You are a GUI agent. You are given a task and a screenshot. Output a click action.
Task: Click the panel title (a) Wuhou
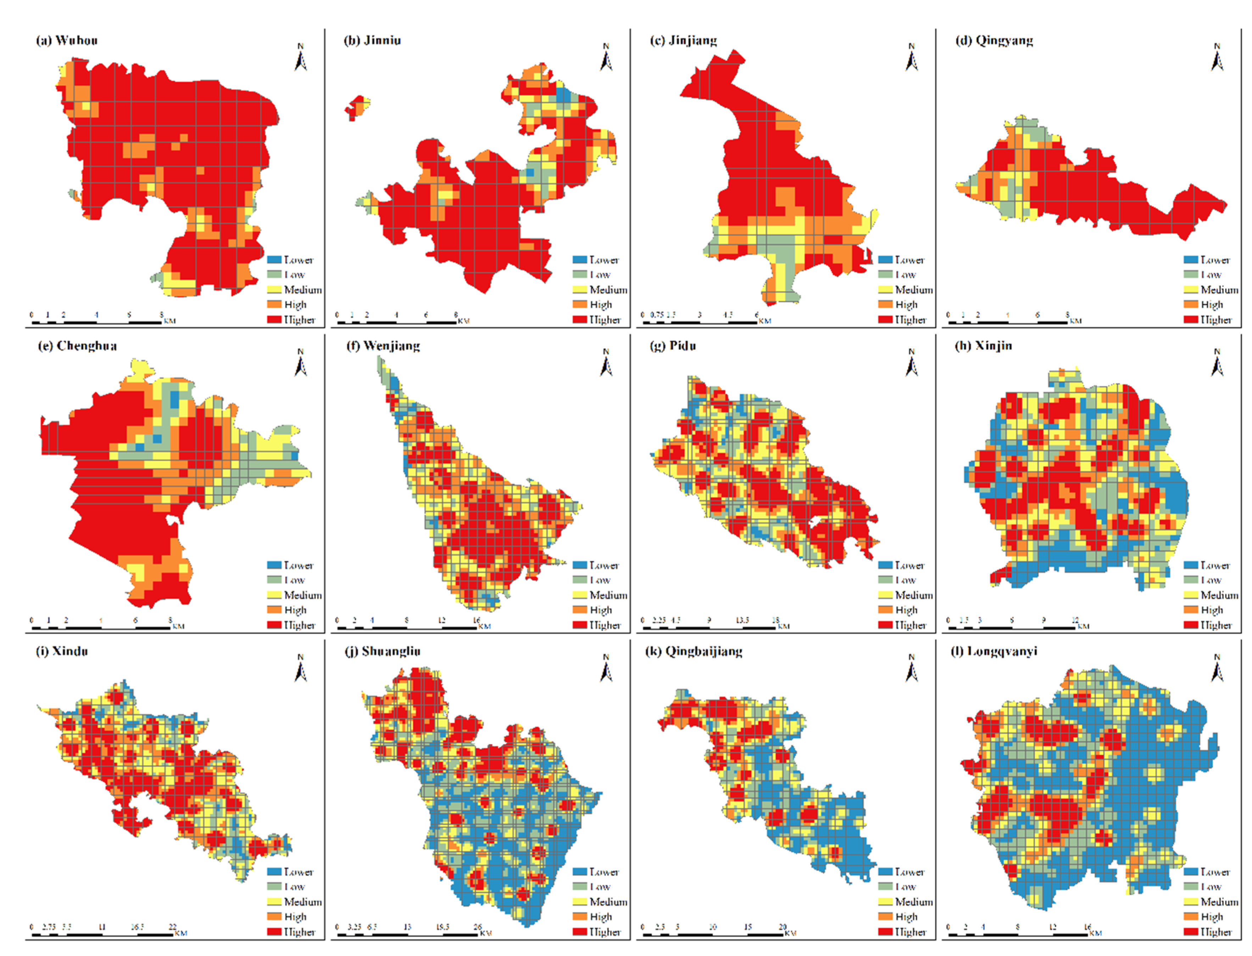(67, 40)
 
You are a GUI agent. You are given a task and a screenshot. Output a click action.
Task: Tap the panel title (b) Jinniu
(372, 40)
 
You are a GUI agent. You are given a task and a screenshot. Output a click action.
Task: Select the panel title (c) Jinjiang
(683, 40)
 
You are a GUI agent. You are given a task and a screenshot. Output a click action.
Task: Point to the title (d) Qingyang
(994, 40)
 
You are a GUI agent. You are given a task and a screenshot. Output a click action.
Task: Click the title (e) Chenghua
(77, 346)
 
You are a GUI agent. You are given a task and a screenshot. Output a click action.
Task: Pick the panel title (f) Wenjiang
(383, 346)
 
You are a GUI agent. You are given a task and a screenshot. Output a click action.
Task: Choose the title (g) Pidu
(673, 346)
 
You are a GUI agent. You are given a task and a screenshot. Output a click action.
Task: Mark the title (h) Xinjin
(983, 346)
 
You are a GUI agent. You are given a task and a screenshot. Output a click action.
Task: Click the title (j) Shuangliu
(383, 651)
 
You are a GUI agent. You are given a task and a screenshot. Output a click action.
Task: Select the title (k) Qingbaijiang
(694, 651)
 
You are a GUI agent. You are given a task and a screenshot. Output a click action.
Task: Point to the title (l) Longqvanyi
(994, 651)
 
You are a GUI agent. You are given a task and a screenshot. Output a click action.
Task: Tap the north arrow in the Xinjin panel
(1217, 363)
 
